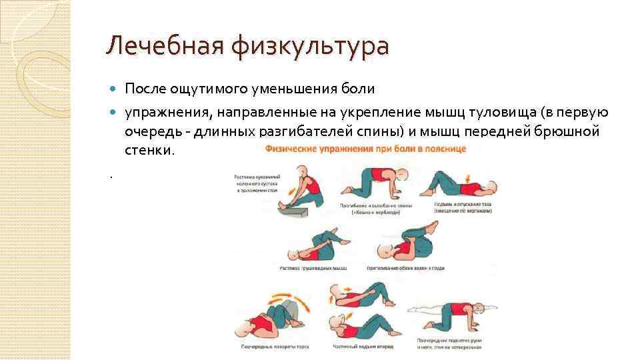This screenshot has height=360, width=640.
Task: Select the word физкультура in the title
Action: [x=310, y=47]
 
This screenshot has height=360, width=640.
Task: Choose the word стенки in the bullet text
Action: [x=149, y=150]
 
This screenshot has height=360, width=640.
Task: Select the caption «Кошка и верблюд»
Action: [x=369, y=213]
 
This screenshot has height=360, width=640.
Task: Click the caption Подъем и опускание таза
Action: [x=464, y=204]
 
